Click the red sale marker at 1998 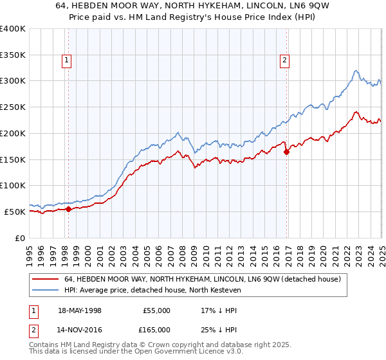tap(68, 209)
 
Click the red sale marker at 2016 tap(287, 152)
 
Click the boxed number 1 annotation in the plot tap(67, 61)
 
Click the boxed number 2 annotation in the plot tap(284, 61)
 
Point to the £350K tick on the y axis tap(14, 55)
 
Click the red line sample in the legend tap(45, 280)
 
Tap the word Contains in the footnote tap(46, 346)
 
